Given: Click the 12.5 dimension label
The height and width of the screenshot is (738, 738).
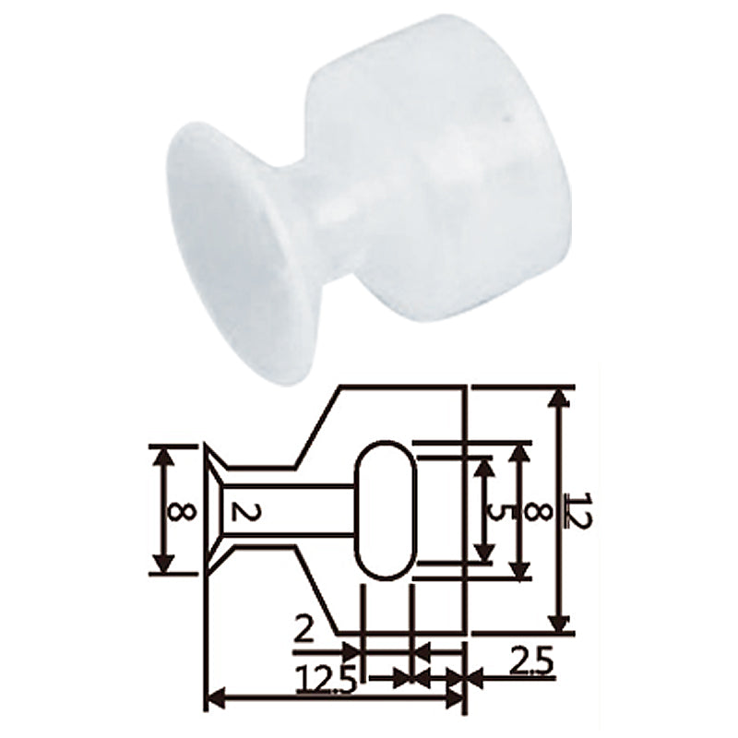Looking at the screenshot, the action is (327, 680).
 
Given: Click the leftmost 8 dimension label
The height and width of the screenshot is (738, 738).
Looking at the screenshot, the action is (182, 511).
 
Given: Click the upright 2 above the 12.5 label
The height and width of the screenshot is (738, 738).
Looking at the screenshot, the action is (304, 631).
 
